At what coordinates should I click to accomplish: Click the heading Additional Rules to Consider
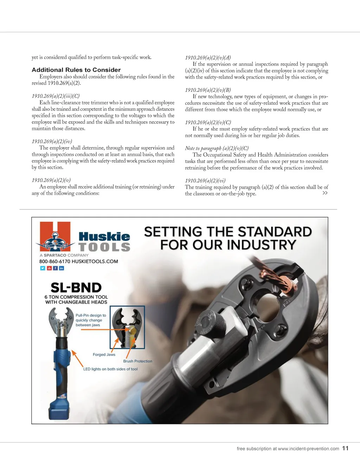pos(76,70)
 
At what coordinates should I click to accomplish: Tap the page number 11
pos(345,448)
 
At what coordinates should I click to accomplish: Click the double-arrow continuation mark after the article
pos(325,193)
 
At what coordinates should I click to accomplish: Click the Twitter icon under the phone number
pos(43,268)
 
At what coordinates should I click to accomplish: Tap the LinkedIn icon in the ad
pos(62,268)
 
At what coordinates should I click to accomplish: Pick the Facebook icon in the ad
pos(55,268)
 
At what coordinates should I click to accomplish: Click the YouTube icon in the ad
pos(49,268)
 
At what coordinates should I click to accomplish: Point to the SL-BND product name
pos(76,288)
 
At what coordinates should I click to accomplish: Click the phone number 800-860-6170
pos(55,261)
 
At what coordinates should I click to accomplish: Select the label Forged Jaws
pos(104,354)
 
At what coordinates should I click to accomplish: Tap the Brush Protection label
pos(137,361)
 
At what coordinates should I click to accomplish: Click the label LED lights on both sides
pos(110,369)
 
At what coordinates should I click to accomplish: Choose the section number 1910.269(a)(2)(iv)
pos(52,141)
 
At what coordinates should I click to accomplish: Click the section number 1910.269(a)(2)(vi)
pos(205,181)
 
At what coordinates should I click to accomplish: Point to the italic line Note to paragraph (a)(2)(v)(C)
pos(217,148)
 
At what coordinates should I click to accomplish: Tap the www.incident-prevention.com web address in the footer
pos(308,449)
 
